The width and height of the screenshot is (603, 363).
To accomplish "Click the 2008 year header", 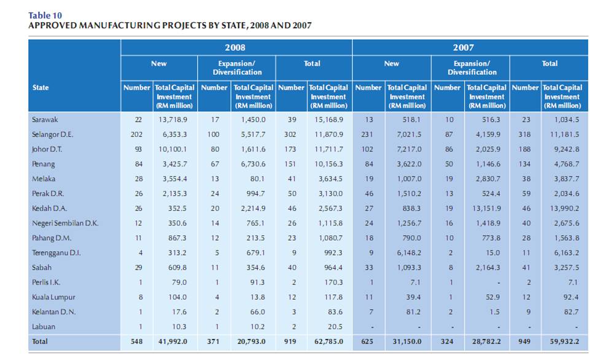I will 236,47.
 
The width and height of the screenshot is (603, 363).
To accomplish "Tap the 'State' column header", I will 41,88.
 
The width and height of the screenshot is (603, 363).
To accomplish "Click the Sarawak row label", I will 45,119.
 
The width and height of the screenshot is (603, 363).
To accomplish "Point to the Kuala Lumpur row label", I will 53,297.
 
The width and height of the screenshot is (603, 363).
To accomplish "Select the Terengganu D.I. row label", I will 56,252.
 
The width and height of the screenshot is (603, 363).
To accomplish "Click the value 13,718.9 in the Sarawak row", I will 176,119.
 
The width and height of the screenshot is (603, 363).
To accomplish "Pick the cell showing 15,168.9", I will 329,119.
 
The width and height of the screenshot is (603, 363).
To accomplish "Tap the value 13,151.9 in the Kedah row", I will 486,208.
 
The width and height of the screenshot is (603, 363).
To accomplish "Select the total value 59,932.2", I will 562,342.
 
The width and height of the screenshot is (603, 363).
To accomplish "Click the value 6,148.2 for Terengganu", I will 407,252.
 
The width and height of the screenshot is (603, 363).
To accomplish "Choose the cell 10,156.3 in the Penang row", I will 329,164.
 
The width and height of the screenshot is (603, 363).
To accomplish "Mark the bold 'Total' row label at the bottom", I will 41,342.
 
